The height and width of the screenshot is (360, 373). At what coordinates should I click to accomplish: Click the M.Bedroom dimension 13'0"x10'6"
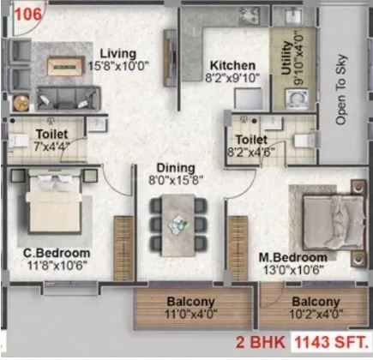(x=293, y=270)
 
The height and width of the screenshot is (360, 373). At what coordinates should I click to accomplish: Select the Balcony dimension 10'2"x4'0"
(x=315, y=315)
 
